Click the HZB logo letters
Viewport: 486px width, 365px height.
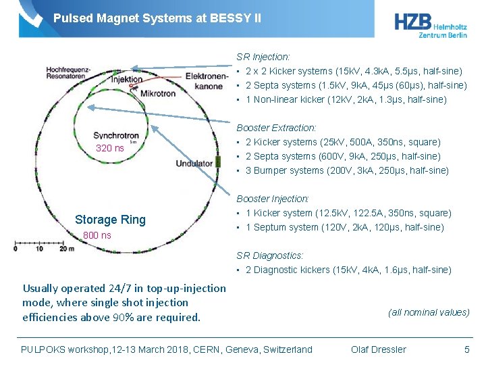(x=411, y=22)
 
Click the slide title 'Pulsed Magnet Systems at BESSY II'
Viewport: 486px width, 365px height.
(x=157, y=18)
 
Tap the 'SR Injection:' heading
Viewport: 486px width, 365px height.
(x=263, y=57)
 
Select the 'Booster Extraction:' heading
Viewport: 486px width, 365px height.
(x=276, y=128)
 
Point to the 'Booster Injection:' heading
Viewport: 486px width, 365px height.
(x=273, y=199)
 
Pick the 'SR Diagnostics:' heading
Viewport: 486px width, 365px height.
(x=270, y=255)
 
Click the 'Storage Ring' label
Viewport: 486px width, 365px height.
(x=110, y=219)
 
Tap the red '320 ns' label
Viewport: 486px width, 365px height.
(x=110, y=148)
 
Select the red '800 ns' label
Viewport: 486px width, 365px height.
(x=97, y=235)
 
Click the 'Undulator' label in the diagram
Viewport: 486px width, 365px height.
(x=194, y=164)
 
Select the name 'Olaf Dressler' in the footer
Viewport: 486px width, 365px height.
(x=379, y=349)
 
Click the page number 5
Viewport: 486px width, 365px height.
(x=466, y=349)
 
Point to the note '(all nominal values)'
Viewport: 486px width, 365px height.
(x=429, y=312)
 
